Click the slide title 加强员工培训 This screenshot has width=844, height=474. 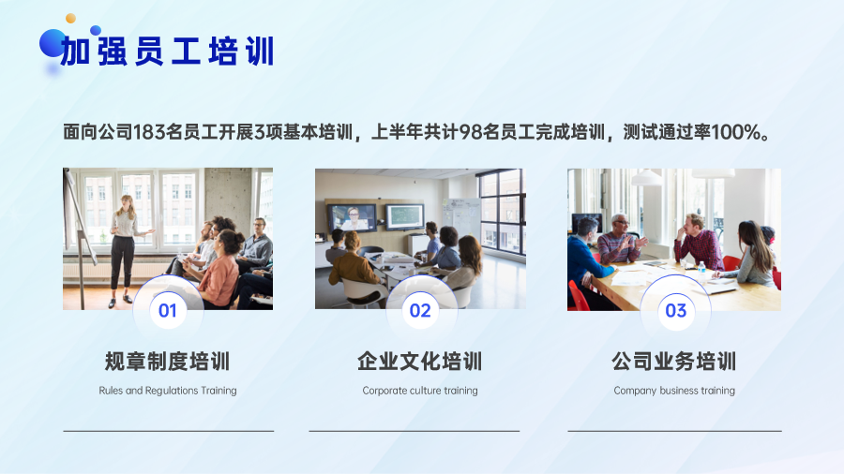point(168,52)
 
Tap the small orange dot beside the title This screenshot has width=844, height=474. point(70,19)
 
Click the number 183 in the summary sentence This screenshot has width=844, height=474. point(149,132)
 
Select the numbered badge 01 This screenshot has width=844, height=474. point(168,311)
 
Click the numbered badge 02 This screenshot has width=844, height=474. point(420,311)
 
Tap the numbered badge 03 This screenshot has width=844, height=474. point(675,311)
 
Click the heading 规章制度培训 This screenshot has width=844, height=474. point(168,362)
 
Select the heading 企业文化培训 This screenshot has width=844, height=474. point(420,362)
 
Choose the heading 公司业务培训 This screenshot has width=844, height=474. point(674,362)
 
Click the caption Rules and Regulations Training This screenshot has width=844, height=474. point(168,391)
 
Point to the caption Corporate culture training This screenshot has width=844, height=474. point(420,391)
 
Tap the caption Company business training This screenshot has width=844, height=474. point(674,391)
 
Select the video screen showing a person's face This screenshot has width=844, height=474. point(352,217)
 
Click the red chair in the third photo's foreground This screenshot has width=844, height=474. point(578,296)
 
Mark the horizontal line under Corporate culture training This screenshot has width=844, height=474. point(414,431)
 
